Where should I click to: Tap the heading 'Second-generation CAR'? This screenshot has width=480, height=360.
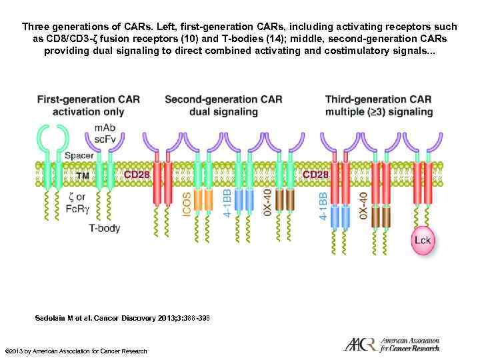[223, 99]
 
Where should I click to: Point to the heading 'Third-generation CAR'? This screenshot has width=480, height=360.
[378, 99]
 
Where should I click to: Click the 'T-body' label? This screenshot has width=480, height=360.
[105, 227]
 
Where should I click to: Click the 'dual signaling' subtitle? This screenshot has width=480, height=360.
[223, 112]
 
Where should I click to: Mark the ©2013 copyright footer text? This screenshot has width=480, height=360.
[75, 351]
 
